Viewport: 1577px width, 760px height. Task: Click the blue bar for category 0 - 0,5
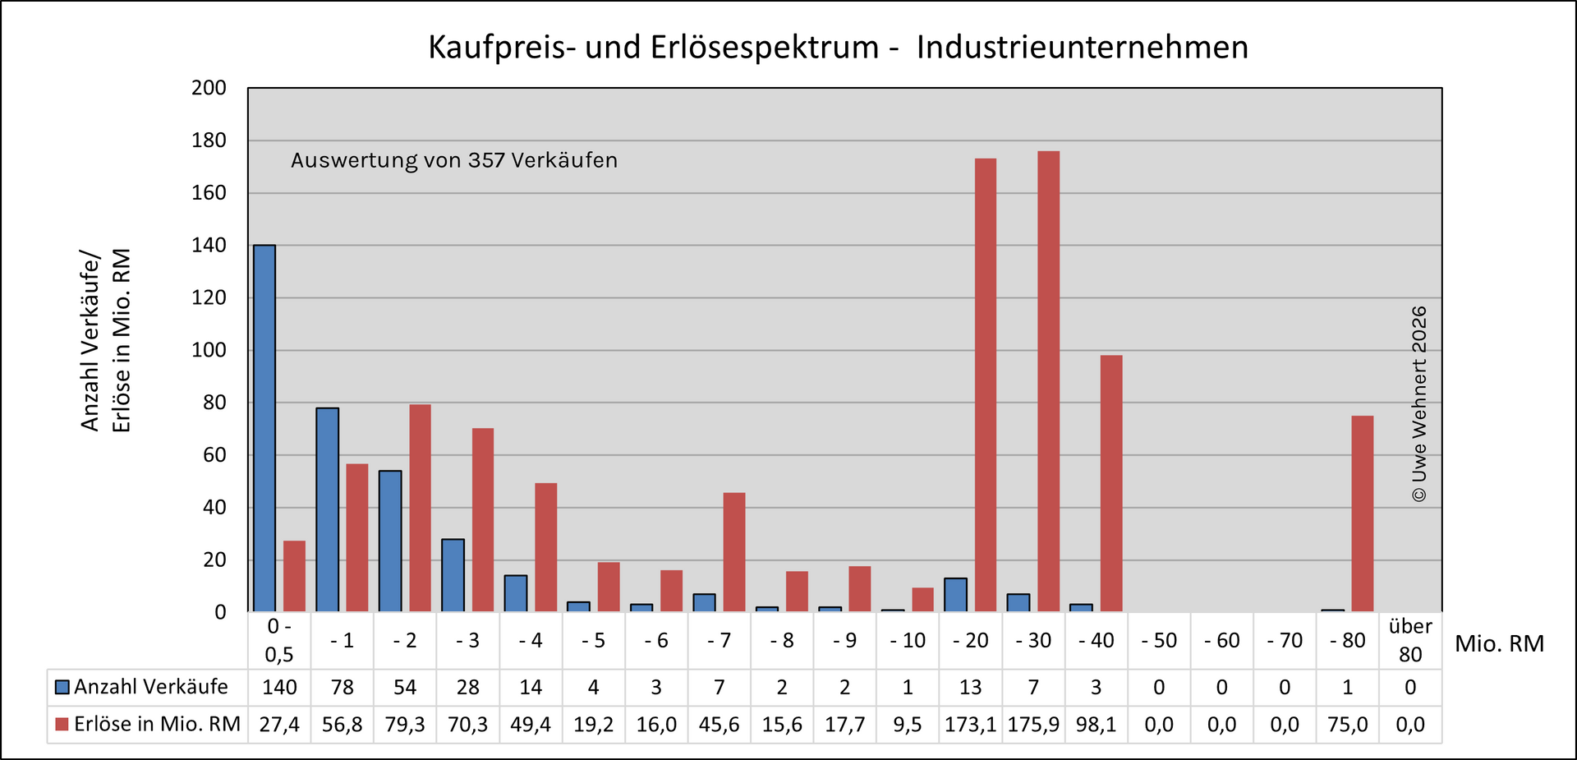(x=264, y=428)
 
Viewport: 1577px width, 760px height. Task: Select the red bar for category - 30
(x=1048, y=381)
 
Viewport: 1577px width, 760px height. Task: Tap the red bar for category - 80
(x=1362, y=514)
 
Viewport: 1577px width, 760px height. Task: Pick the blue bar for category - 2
(x=390, y=541)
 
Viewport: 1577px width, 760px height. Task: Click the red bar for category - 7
(x=734, y=552)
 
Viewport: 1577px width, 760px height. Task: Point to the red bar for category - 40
(x=1111, y=483)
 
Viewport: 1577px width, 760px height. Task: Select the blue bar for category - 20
(x=955, y=595)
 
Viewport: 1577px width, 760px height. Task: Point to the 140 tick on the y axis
(x=209, y=246)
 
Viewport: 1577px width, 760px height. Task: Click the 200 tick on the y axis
(x=209, y=88)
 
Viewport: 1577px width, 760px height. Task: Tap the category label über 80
(x=1410, y=640)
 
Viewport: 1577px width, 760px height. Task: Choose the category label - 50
(x=1159, y=640)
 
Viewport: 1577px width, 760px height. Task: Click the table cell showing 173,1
(x=970, y=725)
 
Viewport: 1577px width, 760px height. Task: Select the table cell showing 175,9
(x=1033, y=725)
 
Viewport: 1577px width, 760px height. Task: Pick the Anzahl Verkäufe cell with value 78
(x=343, y=687)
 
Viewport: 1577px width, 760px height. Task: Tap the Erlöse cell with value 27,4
(x=279, y=725)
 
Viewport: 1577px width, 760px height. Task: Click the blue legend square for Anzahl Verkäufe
(x=62, y=687)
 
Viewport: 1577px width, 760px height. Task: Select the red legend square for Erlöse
(x=62, y=725)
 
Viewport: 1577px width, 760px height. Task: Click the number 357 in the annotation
(x=486, y=160)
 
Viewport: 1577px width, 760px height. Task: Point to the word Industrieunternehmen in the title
(x=1083, y=48)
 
